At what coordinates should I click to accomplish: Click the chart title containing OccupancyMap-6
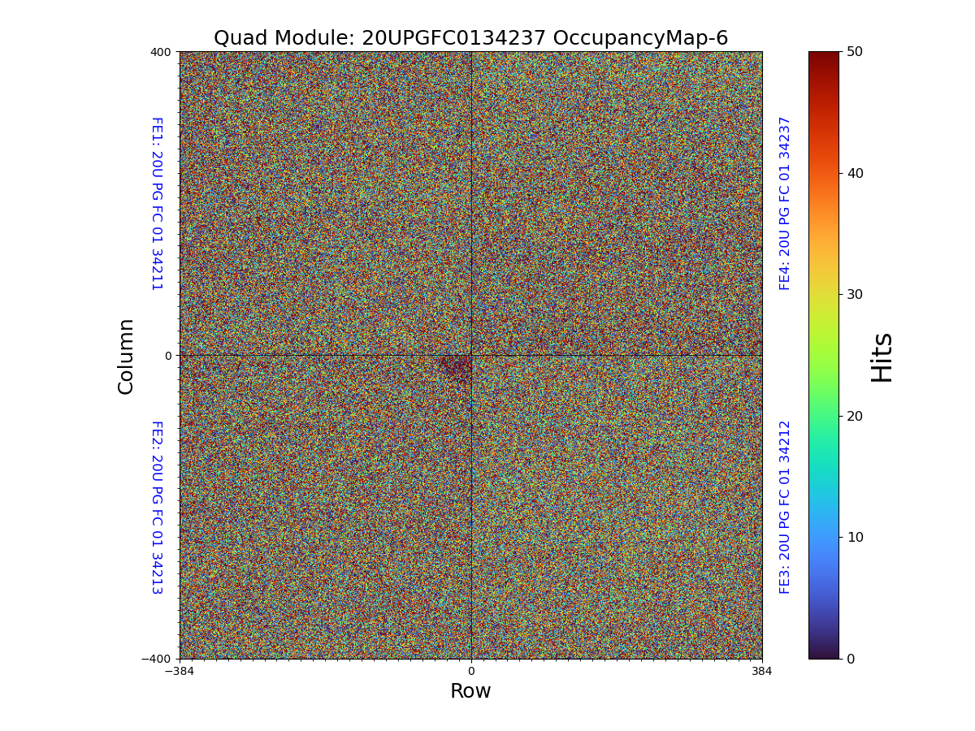[470, 38]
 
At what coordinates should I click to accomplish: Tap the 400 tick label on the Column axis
[161, 52]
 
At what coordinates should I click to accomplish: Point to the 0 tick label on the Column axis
[168, 356]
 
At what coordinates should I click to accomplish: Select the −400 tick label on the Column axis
[157, 659]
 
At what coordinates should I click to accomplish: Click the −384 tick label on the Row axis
[180, 672]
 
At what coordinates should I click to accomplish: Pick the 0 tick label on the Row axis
[470, 672]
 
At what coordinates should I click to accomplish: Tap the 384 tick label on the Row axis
[762, 672]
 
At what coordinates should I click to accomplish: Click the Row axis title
[470, 691]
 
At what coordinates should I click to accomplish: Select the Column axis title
[126, 356]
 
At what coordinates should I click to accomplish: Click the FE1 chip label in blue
[156, 204]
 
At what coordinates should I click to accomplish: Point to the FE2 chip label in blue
[156, 507]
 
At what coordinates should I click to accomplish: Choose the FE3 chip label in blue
[785, 507]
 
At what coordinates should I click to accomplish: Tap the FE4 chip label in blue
[785, 203]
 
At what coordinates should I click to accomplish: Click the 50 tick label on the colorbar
[855, 51]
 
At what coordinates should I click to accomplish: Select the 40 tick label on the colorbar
[855, 173]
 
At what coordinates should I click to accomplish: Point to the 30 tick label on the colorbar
[855, 294]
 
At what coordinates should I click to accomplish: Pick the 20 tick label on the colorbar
[855, 416]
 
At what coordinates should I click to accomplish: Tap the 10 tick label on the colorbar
[855, 537]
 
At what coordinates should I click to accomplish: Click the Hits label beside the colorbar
[882, 357]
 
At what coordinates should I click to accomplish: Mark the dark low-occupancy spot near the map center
[456, 367]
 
